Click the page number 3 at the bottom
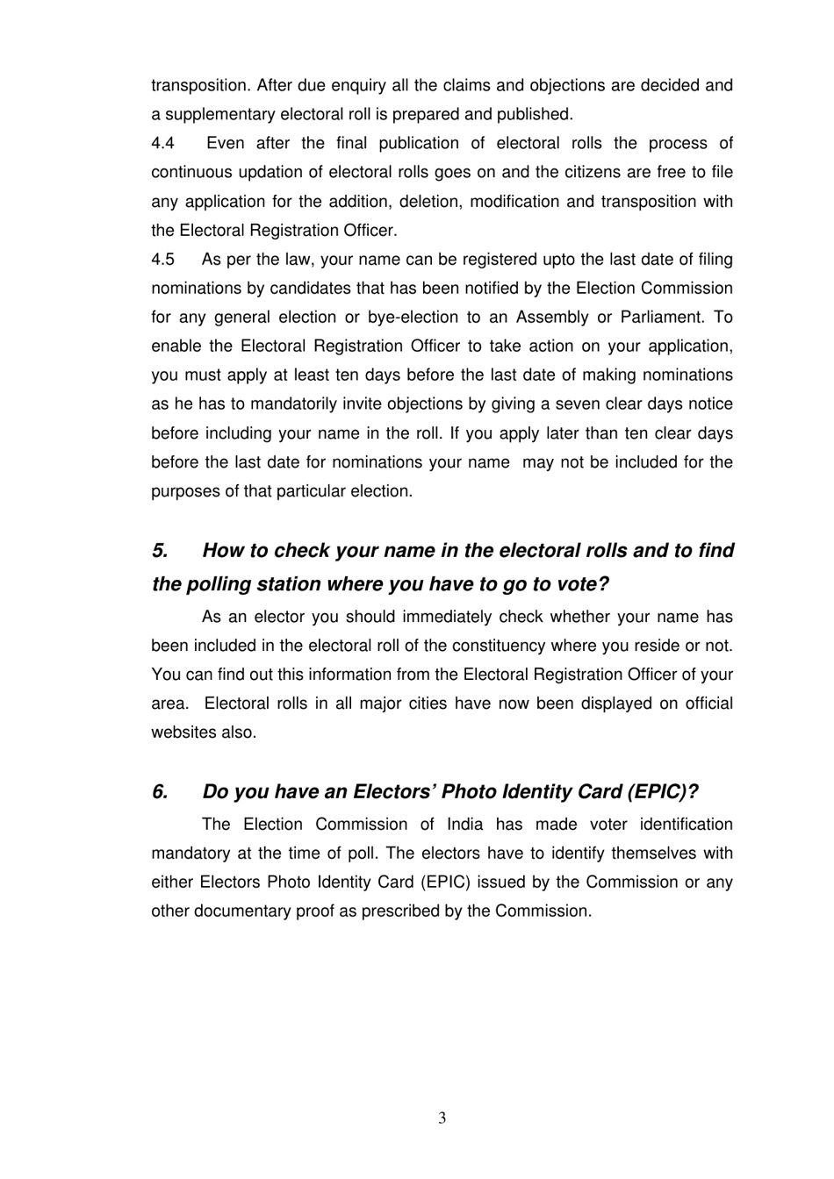(x=442, y=1118)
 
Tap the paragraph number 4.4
(x=163, y=143)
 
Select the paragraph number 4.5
(x=163, y=260)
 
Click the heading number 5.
(x=160, y=551)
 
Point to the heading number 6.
(x=160, y=792)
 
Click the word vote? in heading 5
(x=582, y=584)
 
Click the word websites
(x=183, y=732)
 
